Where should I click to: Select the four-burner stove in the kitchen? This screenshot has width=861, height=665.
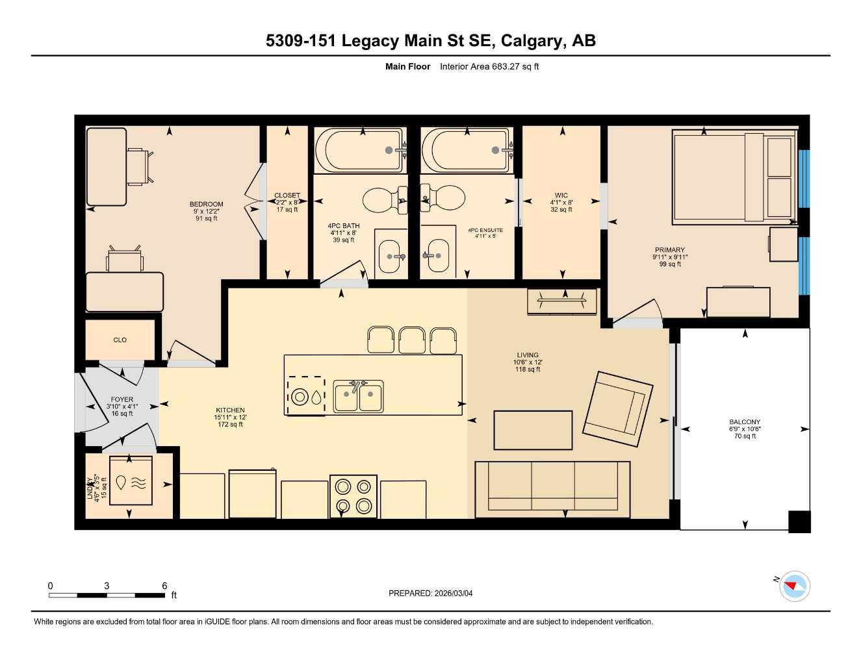tap(353, 496)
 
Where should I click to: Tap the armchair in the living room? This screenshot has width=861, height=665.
tap(617, 409)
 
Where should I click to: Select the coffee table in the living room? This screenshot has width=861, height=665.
tap(533, 430)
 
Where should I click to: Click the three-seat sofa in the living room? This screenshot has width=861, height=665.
tap(552, 489)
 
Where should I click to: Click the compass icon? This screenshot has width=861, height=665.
tap(794, 586)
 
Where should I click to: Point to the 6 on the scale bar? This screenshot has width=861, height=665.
tap(164, 586)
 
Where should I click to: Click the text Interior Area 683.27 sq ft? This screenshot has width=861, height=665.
tap(489, 66)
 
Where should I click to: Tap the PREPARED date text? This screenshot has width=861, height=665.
tap(430, 593)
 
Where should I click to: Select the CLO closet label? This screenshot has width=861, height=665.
tap(120, 340)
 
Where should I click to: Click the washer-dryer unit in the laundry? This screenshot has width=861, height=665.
tap(131, 481)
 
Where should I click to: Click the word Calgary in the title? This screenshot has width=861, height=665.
tap(533, 41)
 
